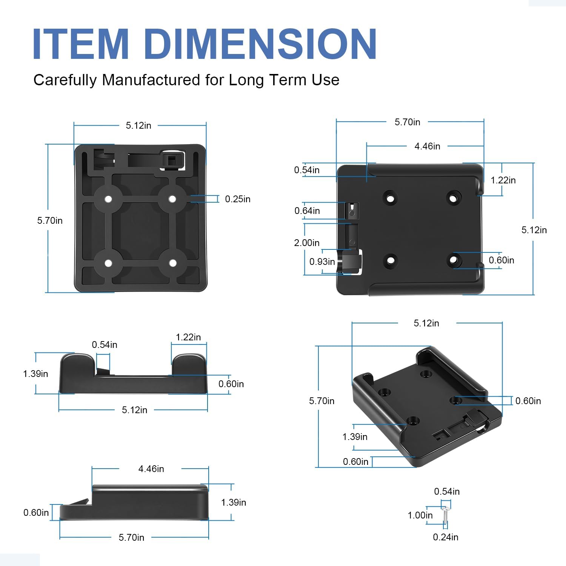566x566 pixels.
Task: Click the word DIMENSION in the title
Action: click(x=260, y=44)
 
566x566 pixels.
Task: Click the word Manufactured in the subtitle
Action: click(x=151, y=80)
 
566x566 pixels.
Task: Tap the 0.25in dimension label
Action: click(x=238, y=199)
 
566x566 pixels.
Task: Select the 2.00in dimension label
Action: click(x=307, y=243)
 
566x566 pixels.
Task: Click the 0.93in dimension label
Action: click(x=322, y=262)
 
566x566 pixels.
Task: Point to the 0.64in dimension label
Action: click(x=307, y=211)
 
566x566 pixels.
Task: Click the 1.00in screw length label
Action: click(x=420, y=515)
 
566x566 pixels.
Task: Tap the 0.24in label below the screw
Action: click(x=446, y=537)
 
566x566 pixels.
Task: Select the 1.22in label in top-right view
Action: click(x=503, y=180)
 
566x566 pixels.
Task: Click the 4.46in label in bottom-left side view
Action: click(x=151, y=469)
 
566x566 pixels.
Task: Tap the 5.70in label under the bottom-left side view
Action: click(x=131, y=538)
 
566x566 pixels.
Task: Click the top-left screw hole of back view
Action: click(x=108, y=199)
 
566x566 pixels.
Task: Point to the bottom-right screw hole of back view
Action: click(x=173, y=263)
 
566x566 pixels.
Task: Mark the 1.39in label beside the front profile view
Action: click(x=35, y=374)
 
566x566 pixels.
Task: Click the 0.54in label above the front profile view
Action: click(x=105, y=345)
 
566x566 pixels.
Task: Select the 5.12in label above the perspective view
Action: click(x=426, y=323)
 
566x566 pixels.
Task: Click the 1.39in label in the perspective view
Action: click(x=355, y=437)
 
